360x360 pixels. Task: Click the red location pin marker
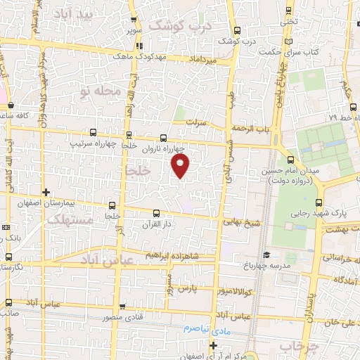[x=181, y=167]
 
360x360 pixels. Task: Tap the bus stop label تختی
[x=290, y=22]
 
